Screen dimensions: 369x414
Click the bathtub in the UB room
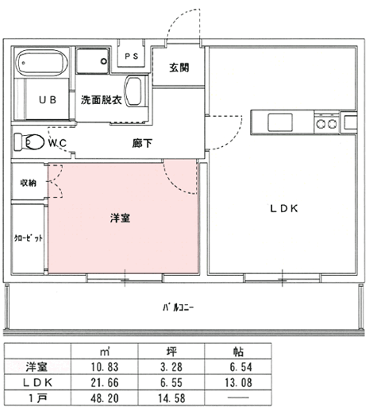click(x=41, y=63)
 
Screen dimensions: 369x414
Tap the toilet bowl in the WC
click(x=34, y=142)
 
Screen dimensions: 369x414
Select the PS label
click(x=132, y=56)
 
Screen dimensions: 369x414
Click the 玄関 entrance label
click(x=179, y=68)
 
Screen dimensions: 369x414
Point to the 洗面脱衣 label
click(x=102, y=100)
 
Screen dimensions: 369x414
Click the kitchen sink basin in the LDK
click(x=280, y=122)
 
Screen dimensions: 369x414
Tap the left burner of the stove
click(x=321, y=124)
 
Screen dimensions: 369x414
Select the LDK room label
click(x=284, y=209)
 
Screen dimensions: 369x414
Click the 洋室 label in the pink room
click(x=120, y=218)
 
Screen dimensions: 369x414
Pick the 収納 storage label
click(x=29, y=183)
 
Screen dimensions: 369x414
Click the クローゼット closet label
click(x=28, y=238)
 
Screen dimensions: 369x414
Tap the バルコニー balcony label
click(x=179, y=308)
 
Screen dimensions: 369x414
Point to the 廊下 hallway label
click(x=142, y=143)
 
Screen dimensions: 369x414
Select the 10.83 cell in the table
click(x=105, y=367)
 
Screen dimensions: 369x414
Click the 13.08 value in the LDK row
click(x=238, y=382)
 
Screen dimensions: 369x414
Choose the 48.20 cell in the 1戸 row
click(x=105, y=398)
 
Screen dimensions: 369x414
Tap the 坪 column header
click(x=171, y=351)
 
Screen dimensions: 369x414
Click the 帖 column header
click(x=238, y=351)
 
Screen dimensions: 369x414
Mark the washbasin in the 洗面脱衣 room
click(x=133, y=91)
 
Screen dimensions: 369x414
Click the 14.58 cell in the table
click(x=171, y=398)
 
